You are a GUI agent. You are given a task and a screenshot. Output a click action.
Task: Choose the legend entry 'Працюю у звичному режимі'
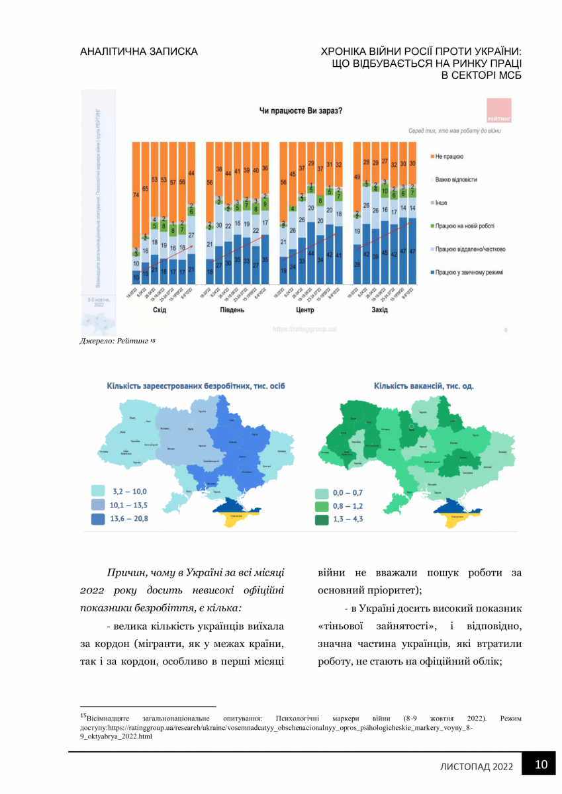click(x=466, y=271)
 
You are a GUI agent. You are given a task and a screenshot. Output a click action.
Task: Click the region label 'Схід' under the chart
click(x=160, y=310)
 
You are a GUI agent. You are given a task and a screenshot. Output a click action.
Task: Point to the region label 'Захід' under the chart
click(x=380, y=310)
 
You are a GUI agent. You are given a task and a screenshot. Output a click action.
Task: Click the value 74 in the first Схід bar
click(x=136, y=195)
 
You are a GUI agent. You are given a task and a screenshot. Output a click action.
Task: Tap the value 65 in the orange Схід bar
click(x=145, y=189)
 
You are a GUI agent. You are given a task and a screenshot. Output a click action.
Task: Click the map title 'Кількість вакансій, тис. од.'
click(x=424, y=386)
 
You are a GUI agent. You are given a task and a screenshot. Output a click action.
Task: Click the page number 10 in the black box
click(x=541, y=765)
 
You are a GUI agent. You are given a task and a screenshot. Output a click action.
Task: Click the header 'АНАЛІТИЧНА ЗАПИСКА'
click(x=138, y=52)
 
